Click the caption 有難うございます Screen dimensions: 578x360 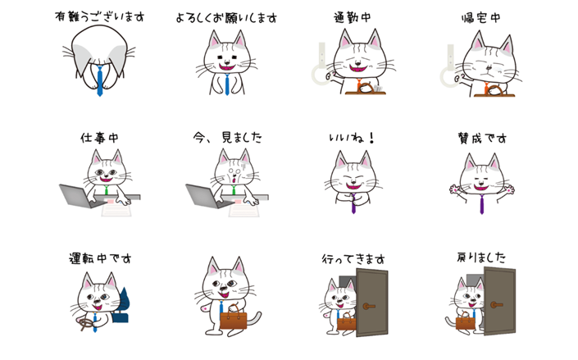click(99, 16)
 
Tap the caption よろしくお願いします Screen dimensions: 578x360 click(226, 17)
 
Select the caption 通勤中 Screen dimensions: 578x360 click(353, 17)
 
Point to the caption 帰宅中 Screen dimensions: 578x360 click(481, 18)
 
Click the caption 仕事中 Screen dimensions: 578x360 click(99, 138)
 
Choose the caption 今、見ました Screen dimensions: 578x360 click(227, 137)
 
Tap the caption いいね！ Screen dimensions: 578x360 click(352, 138)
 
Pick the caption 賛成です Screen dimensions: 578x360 click(482, 139)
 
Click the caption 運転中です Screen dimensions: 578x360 click(100, 258)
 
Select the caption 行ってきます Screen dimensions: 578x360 click(353, 259)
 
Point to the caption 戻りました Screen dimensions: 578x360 click(481, 257)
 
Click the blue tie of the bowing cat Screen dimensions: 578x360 click(99, 80)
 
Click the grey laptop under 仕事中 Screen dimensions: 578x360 click(78, 196)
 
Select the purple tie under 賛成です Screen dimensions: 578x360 click(482, 204)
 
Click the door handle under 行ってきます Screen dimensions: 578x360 click(368, 306)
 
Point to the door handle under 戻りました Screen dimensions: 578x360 click(496, 305)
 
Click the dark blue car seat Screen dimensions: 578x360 click(122, 306)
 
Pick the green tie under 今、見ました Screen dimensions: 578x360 click(234, 190)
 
